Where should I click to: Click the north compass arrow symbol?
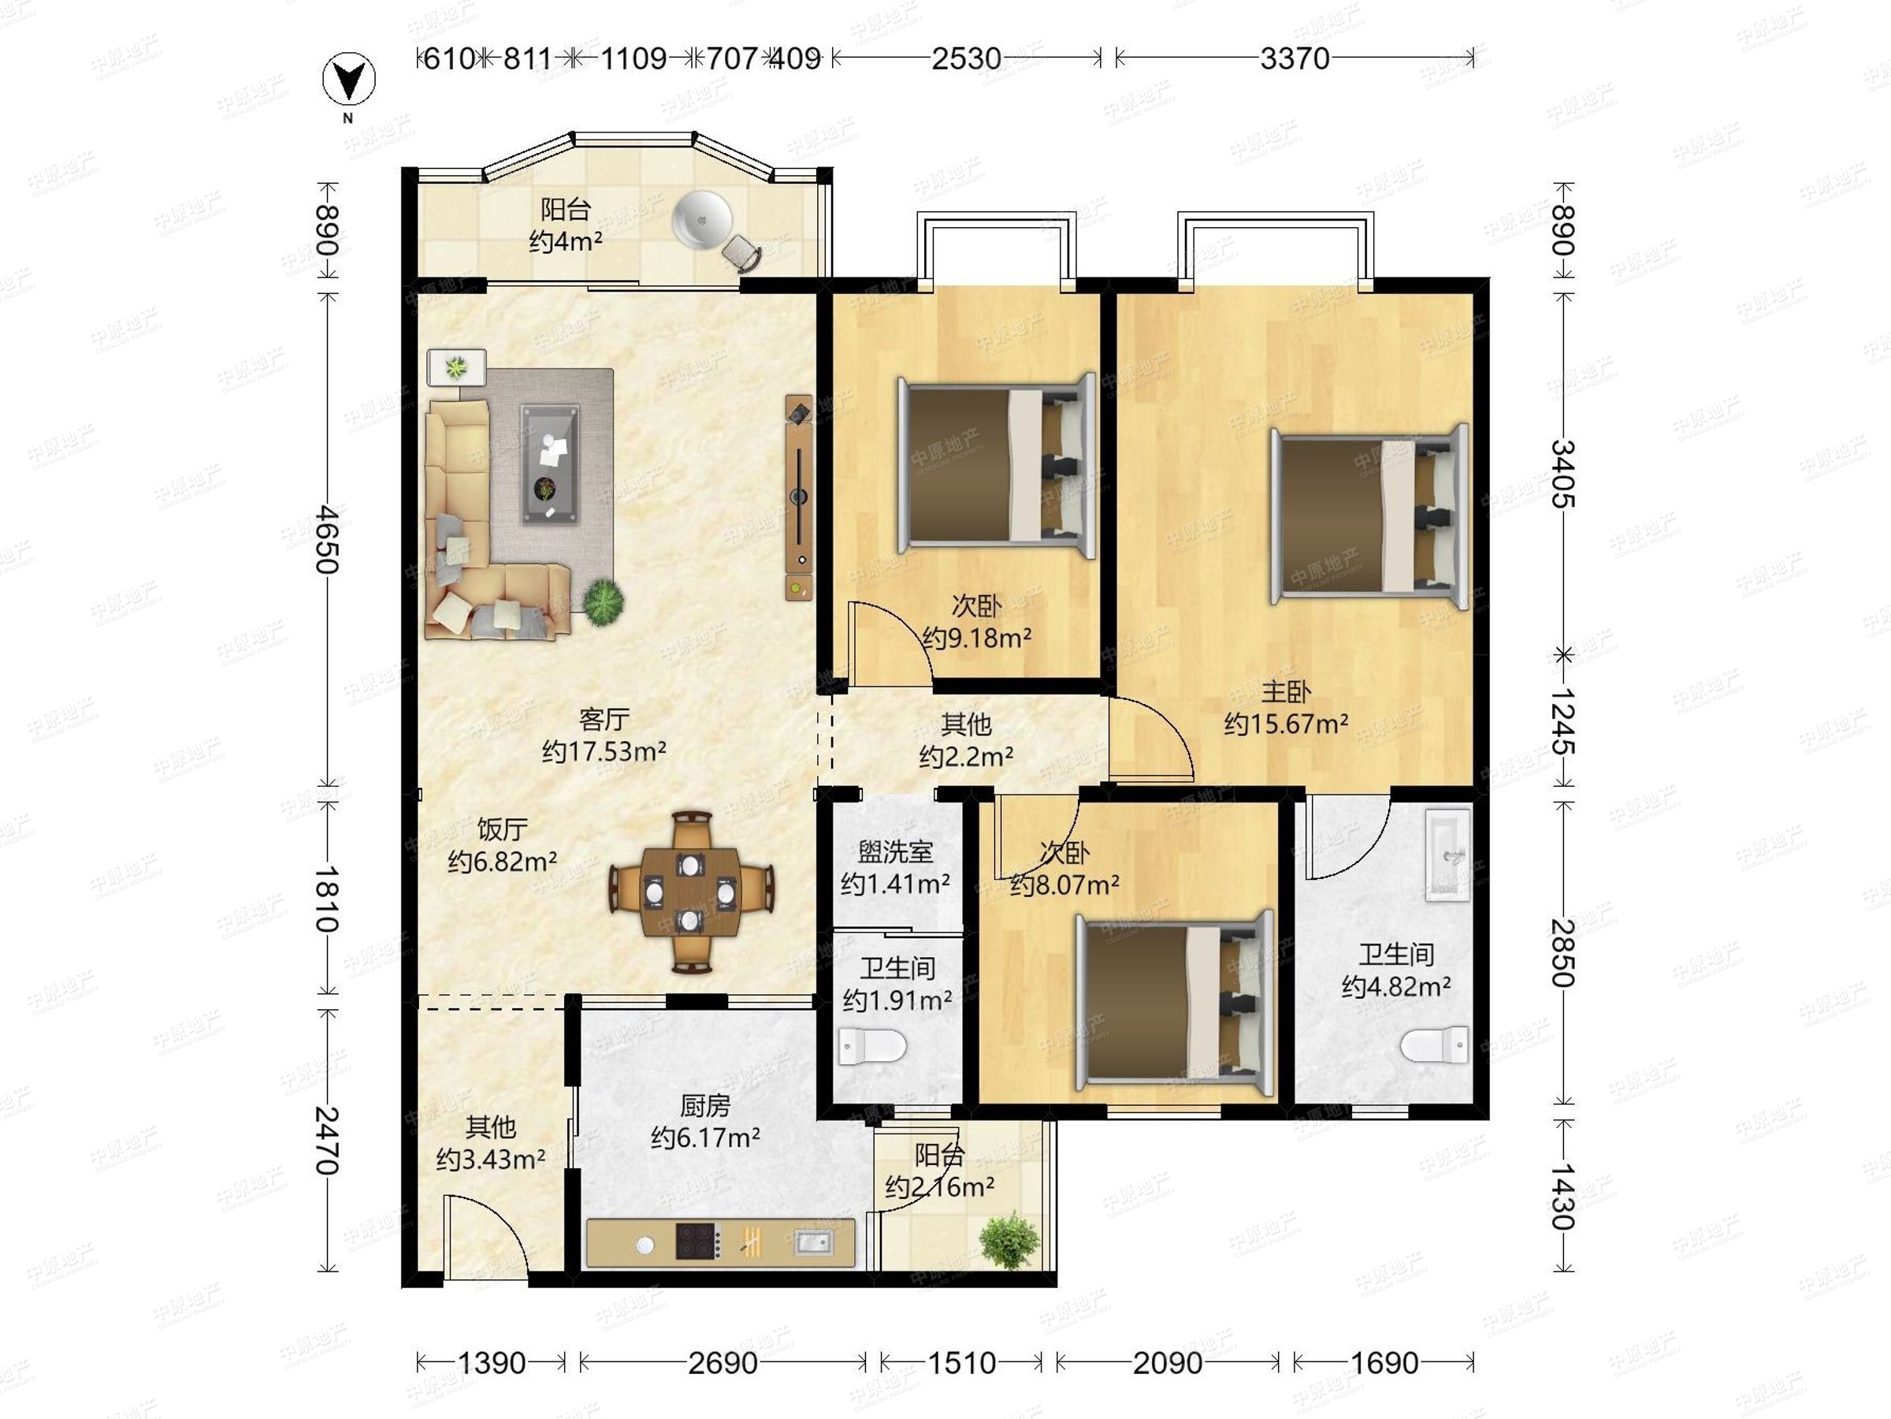[x=349, y=80]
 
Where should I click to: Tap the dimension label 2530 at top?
[x=966, y=58]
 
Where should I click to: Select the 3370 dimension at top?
[x=1295, y=58]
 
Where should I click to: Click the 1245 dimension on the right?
[x=1562, y=721]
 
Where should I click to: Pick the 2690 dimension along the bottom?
[x=723, y=1362]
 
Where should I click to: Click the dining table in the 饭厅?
[x=691, y=892]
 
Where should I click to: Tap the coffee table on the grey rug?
[x=550, y=464]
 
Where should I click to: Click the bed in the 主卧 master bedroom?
[x=1369, y=516]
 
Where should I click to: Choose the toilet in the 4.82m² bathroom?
[x=1436, y=1045]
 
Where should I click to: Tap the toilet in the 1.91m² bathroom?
[x=872, y=1046]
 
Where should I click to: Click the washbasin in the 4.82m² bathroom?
[x=1447, y=855]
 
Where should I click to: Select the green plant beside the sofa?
[x=604, y=602]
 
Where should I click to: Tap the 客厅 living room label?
[x=604, y=719]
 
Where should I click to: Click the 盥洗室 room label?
[x=895, y=852]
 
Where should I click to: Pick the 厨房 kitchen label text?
[x=705, y=1106]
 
